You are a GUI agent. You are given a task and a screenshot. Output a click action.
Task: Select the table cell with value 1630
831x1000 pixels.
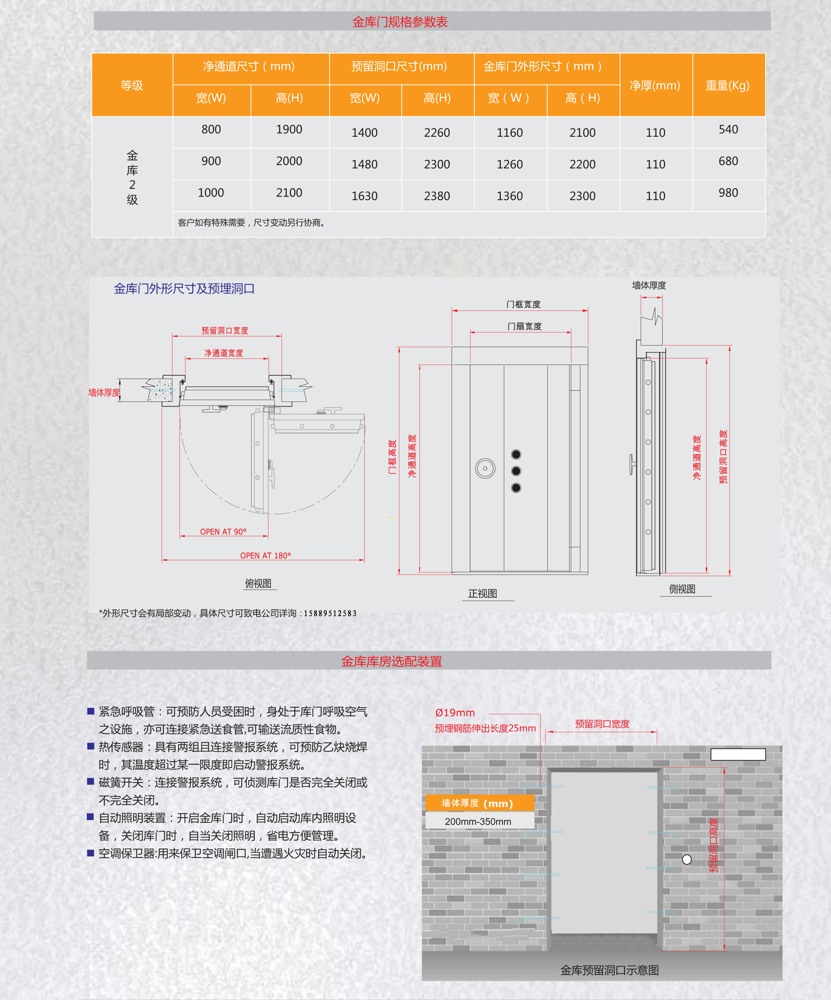tap(364, 196)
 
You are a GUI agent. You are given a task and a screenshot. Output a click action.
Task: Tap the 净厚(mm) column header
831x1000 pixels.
tap(655, 85)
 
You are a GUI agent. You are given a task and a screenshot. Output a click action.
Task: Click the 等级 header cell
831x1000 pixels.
tap(132, 85)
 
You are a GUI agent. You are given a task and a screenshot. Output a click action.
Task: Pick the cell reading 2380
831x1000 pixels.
tap(437, 196)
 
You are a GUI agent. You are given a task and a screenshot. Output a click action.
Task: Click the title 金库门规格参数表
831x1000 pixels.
tap(400, 22)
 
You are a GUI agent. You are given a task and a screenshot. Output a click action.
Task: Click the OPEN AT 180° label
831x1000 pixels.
tap(265, 555)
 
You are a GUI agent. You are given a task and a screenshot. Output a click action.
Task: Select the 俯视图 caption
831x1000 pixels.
tap(258, 583)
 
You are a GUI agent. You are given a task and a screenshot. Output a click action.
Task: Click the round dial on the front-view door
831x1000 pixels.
tap(485, 468)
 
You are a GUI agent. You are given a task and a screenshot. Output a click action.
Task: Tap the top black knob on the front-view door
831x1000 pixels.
tap(516, 454)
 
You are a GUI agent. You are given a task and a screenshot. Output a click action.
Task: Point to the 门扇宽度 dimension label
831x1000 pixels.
tap(524, 326)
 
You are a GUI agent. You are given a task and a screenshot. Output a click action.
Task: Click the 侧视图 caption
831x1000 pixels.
tap(682, 589)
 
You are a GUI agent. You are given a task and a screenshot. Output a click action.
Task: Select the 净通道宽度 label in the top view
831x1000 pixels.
tap(224, 353)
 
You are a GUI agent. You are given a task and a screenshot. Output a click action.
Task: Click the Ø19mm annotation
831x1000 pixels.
tap(455, 712)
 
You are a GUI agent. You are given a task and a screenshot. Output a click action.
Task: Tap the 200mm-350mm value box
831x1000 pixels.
tap(478, 822)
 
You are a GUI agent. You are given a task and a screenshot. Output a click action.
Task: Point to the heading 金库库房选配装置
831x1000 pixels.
tap(391, 661)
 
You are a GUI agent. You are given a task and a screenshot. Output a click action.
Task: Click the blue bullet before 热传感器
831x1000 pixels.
tap(90, 746)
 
